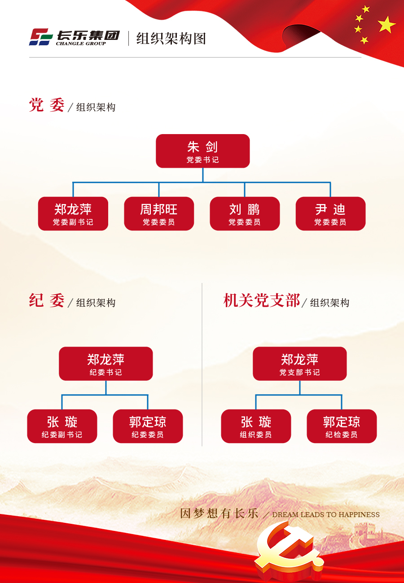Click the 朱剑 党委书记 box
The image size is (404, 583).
202,151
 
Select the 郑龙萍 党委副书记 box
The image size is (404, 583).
73,213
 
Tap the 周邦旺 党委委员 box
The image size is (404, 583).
159,213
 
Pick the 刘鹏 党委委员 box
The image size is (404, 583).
245,213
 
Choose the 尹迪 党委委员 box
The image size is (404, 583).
330,213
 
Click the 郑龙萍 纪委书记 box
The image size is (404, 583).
106,364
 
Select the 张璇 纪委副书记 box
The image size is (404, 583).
62,426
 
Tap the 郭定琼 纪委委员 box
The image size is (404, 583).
148,426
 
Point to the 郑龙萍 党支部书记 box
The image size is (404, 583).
300,364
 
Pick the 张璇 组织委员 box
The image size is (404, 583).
256,426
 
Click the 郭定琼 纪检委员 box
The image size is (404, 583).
342,426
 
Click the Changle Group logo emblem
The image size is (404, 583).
41,37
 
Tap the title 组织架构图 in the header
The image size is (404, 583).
171,39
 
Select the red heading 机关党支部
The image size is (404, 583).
261,301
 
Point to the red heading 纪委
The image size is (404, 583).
47,301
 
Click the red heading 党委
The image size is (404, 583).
47,105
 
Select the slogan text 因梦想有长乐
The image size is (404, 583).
219,513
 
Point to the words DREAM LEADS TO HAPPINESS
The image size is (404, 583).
326,515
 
